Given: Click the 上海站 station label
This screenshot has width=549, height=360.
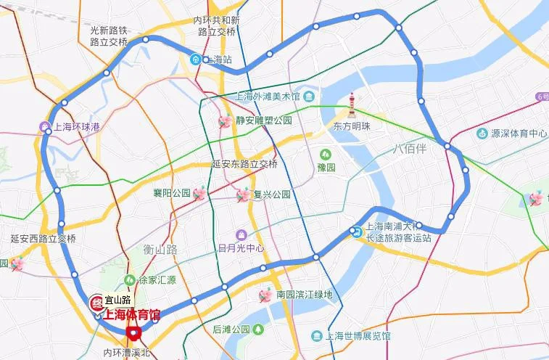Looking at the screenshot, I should pyautogui.click(x=218, y=60).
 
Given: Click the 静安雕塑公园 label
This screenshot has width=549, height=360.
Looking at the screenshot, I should pyautogui.click(x=263, y=120).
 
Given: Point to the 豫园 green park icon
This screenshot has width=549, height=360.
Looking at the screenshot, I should pyautogui.click(x=326, y=154).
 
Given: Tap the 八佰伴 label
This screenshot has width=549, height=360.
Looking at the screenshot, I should pyautogui.click(x=411, y=148).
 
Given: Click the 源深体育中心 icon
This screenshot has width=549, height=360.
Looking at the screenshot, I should pyautogui.click(x=483, y=134).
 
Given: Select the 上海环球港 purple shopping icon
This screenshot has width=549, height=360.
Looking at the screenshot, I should pyautogui.click(x=45, y=127).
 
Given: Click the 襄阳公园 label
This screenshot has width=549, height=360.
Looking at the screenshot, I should pyautogui.click(x=171, y=193).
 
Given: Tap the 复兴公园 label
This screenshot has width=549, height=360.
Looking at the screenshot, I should pyautogui.click(x=271, y=195).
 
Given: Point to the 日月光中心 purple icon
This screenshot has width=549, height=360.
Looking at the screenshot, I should pyautogui.click(x=242, y=235).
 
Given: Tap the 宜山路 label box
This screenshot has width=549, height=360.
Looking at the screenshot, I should pyautogui.click(x=117, y=300).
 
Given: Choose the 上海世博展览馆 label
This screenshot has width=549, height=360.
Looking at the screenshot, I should pyautogui.click(x=358, y=336).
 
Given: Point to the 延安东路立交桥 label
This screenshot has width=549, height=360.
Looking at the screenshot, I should pyautogui.click(x=244, y=164).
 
